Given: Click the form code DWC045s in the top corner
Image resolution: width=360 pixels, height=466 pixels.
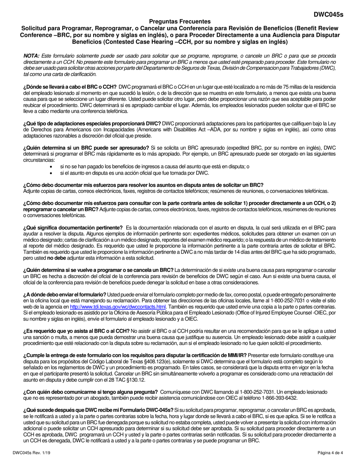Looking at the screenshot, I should [328, 15].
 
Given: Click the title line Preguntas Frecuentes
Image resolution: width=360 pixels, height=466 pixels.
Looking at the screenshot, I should [180, 22].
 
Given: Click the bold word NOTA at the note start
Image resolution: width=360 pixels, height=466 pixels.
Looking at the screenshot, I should [31, 55].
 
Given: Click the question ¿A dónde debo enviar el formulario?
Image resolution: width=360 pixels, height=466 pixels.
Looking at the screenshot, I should [65, 294].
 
